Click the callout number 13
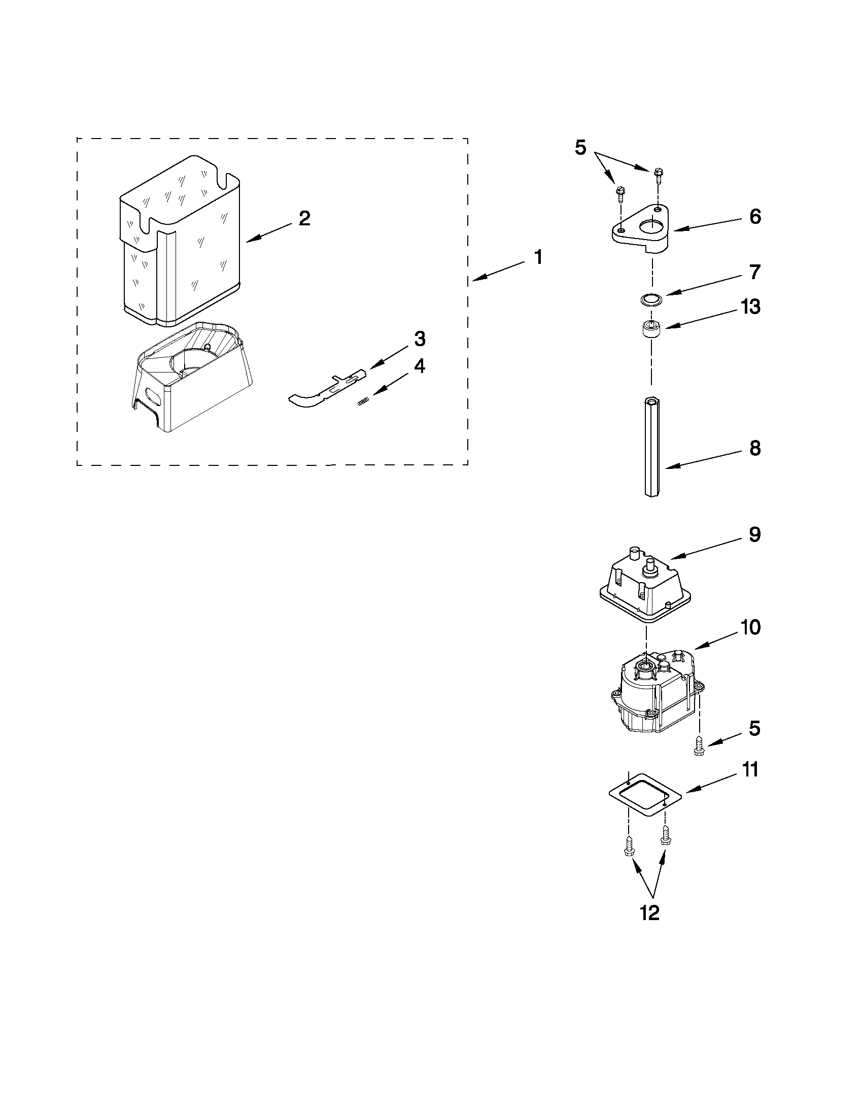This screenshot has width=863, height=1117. coord(750,308)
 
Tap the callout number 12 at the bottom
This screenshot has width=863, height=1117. coord(650,913)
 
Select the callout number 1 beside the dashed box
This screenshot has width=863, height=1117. coord(538,257)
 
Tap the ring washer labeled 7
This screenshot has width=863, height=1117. coord(650,299)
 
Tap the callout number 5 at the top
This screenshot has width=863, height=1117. coord(580,147)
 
